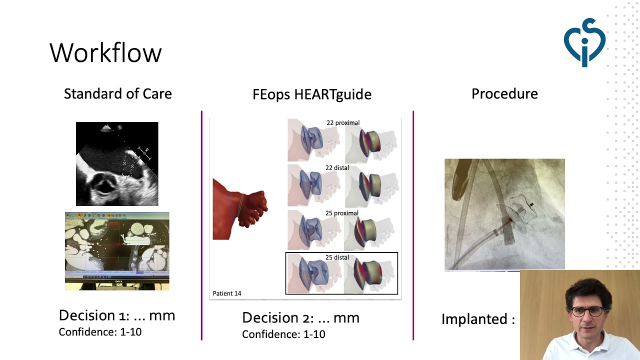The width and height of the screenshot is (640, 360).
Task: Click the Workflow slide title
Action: tap(105, 52)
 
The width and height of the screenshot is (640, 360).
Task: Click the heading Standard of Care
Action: tap(117, 93)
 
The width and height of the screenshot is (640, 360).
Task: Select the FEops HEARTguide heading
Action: tap(312, 94)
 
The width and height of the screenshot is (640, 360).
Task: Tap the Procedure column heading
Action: tap(504, 93)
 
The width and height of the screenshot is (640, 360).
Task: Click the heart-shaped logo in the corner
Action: tap(584, 42)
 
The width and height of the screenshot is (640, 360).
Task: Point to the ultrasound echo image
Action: tap(117, 163)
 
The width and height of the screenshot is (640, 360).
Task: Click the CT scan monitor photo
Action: tap(117, 251)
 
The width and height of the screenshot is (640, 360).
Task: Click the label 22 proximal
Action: tap(343, 123)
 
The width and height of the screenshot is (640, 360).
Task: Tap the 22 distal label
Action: tap(337, 167)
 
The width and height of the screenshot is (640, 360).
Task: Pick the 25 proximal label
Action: tap(341, 213)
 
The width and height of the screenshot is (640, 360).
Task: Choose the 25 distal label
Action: tap(337, 257)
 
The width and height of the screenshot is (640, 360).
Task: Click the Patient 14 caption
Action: tap(227, 293)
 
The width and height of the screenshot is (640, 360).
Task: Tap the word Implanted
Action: tap(474, 319)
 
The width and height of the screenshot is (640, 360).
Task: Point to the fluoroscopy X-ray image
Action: tap(504, 214)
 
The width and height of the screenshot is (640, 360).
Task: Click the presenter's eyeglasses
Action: tap(587, 311)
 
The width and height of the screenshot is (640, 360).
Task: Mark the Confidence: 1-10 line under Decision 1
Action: tap(100, 332)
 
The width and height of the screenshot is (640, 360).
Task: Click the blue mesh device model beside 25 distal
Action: tap(313, 274)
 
